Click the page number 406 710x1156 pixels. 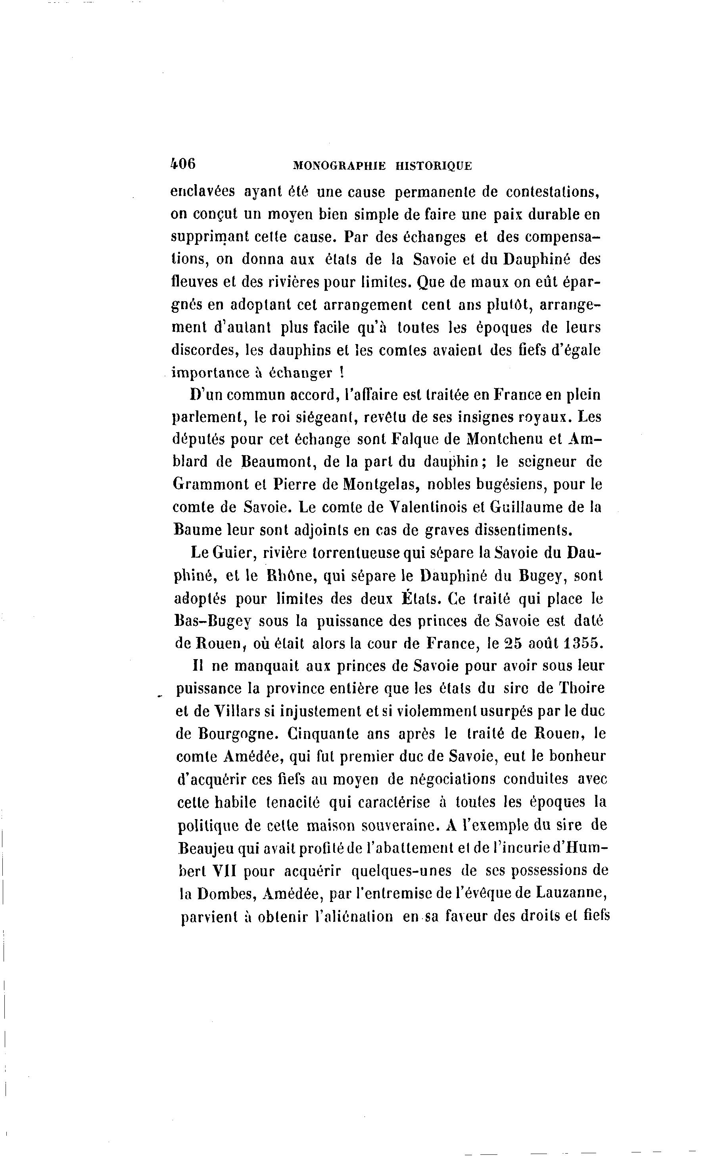click(x=183, y=164)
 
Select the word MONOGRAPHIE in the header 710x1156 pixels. click(x=339, y=166)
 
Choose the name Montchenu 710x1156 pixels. click(x=505, y=439)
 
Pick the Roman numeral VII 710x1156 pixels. click(x=224, y=870)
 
